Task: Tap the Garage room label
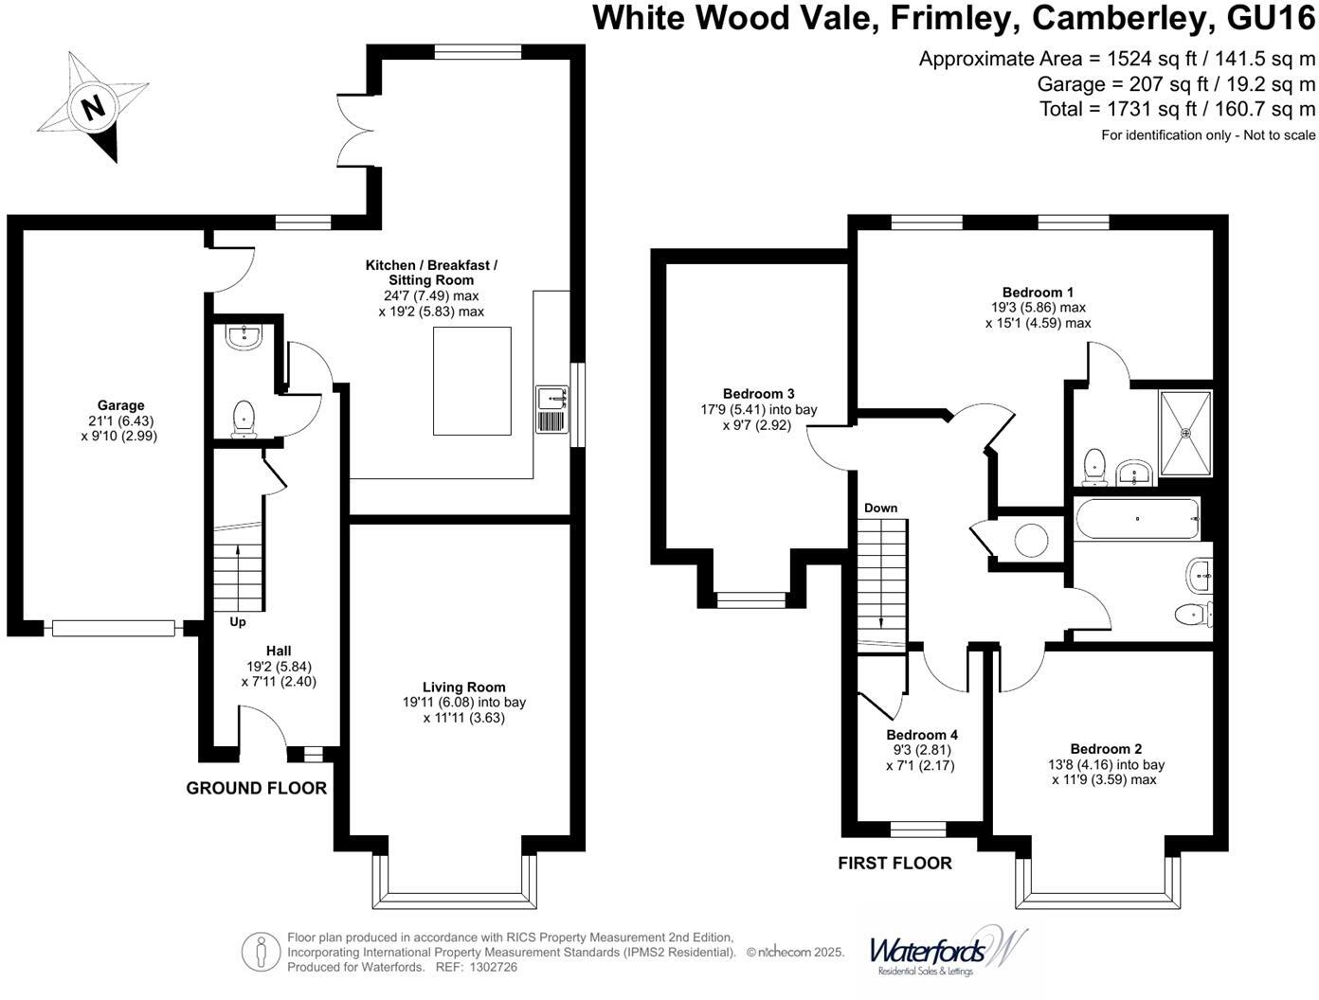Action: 120,405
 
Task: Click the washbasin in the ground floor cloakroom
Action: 244,337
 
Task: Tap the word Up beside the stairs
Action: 238,622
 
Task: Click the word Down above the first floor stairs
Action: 880,509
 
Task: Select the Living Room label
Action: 463,687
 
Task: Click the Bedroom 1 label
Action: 1038,293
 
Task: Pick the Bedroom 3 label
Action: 758,394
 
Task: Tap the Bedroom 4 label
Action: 922,735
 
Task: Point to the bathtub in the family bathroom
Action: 1137,519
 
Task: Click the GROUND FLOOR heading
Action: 256,788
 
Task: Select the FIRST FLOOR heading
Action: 894,863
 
